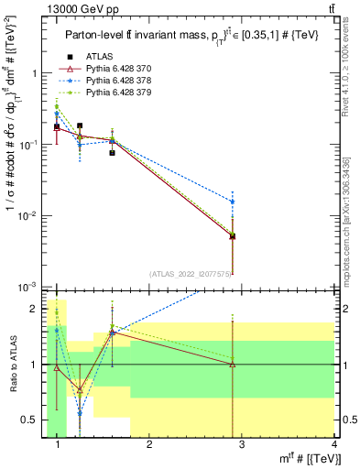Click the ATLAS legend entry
pyautogui.click(x=100, y=57)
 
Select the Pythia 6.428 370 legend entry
pyautogui.click(x=120, y=69)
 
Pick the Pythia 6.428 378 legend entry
pyautogui.click(x=120, y=81)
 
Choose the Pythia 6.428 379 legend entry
pyautogui.click(x=120, y=93)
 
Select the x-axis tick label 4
pyautogui.click(x=334, y=445)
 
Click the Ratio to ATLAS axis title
pyautogui.click(x=11, y=365)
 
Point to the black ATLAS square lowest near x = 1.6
pyautogui.click(x=113, y=153)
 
